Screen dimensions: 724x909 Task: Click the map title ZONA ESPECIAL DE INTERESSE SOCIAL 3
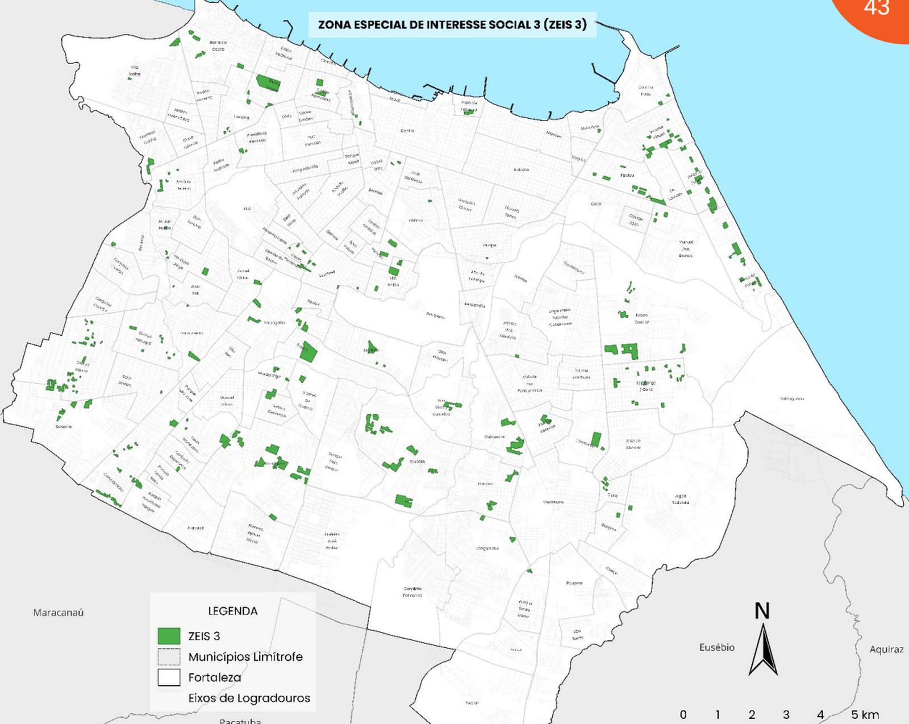[x=452, y=24]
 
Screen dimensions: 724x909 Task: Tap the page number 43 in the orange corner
[x=876, y=8]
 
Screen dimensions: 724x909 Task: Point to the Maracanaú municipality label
[x=58, y=613]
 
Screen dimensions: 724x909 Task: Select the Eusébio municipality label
[x=716, y=647]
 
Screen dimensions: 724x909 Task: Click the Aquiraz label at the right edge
[x=886, y=649]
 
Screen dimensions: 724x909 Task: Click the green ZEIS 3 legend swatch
[x=169, y=636]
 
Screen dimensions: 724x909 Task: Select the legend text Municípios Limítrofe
[x=245, y=657]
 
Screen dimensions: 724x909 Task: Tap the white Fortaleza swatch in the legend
[x=169, y=677]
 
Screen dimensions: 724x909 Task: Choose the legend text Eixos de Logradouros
[x=249, y=698]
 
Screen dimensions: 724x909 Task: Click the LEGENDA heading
[x=233, y=611]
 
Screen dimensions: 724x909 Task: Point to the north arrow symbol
[x=762, y=648]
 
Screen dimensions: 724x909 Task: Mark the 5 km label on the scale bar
[x=865, y=714]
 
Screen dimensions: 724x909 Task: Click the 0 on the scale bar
[x=683, y=714]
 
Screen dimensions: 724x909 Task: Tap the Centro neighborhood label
[x=407, y=131]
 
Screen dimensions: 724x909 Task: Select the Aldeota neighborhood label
[x=521, y=169]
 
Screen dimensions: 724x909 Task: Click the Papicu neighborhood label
[x=627, y=175]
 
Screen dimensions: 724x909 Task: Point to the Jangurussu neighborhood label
[x=487, y=548]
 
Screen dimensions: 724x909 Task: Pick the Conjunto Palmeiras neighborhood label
[x=412, y=592]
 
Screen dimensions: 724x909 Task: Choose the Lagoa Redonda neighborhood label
[x=680, y=499]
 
